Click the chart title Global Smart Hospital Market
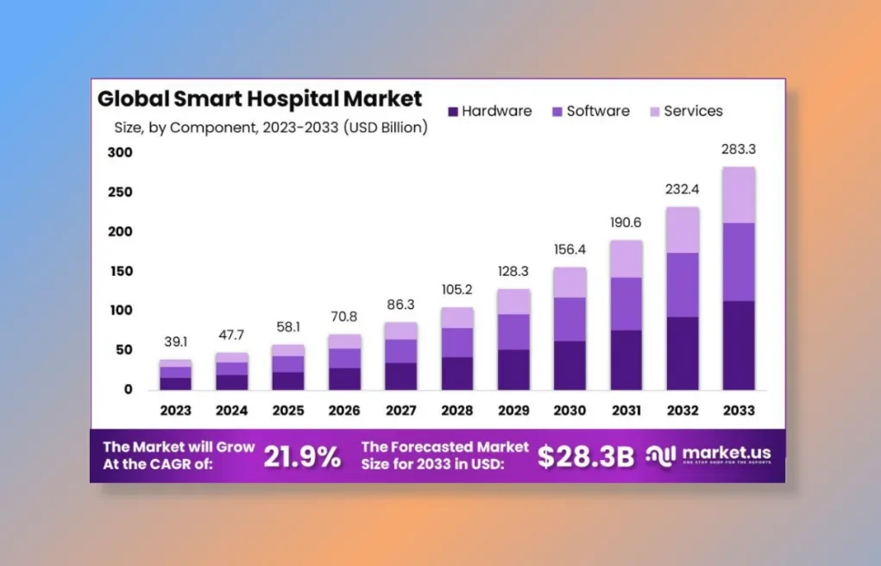tap(260, 97)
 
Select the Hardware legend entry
tap(490, 111)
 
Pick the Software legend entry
tap(591, 111)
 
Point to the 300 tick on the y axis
tap(120, 153)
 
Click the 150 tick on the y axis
tap(120, 271)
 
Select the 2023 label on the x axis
tap(175, 411)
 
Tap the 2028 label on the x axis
tap(456, 411)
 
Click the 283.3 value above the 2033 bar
tap(739, 149)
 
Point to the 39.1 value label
tap(175, 343)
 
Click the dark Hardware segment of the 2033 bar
tap(739, 345)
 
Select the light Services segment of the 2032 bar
tap(683, 230)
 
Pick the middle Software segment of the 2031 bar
tap(626, 304)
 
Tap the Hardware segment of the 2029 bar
tap(513, 369)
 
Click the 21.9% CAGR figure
tap(302, 456)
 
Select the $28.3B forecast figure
tap(586, 456)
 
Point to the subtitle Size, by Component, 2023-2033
tap(271, 128)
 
